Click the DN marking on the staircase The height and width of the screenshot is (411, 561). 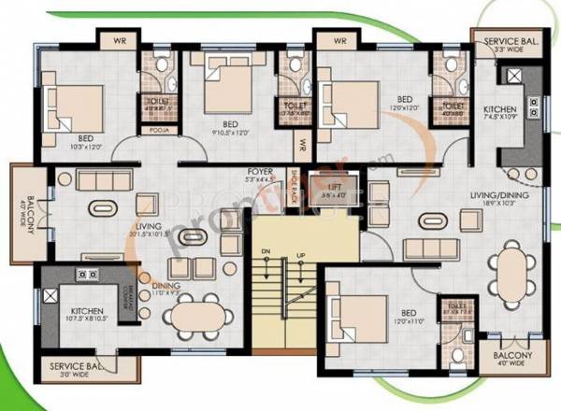point(265,253)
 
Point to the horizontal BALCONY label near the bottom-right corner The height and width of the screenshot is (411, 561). point(512,356)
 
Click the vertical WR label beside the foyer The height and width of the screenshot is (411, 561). point(302,147)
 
